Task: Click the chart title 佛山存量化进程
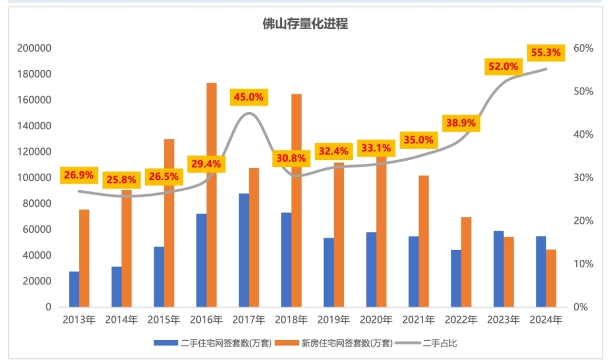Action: [x=305, y=24]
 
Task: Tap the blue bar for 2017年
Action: [x=244, y=250]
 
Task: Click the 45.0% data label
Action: [x=249, y=97]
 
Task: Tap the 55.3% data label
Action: [x=546, y=53]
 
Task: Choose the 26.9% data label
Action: [x=79, y=175]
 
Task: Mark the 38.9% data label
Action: [x=461, y=122]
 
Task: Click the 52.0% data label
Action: [x=503, y=67]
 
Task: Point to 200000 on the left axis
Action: [x=34, y=48]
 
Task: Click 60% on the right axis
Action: [x=583, y=48]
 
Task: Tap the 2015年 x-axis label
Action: [x=163, y=320]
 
